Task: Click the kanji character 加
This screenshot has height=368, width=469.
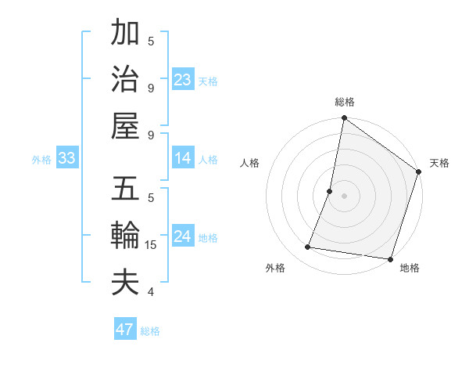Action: (125, 34)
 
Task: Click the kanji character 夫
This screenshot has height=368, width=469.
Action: (125, 283)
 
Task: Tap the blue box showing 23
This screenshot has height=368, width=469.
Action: (183, 80)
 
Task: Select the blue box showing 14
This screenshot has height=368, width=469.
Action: (183, 159)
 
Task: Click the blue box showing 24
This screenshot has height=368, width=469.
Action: (183, 237)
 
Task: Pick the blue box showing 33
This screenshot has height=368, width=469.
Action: (66, 159)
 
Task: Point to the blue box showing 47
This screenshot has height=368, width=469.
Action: (124, 330)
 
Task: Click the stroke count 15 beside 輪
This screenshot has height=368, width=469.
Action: (151, 245)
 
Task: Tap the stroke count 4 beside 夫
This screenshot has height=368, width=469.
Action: (151, 292)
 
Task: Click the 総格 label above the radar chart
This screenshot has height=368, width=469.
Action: (344, 103)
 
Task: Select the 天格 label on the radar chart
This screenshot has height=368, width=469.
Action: (439, 163)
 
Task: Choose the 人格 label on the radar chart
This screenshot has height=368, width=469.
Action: (249, 163)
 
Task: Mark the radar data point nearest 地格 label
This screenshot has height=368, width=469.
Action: (389, 259)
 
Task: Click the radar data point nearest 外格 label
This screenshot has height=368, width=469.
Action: (308, 247)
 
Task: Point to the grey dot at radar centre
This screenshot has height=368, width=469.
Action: (344, 196)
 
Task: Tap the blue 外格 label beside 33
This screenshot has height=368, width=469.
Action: (41, 160)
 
